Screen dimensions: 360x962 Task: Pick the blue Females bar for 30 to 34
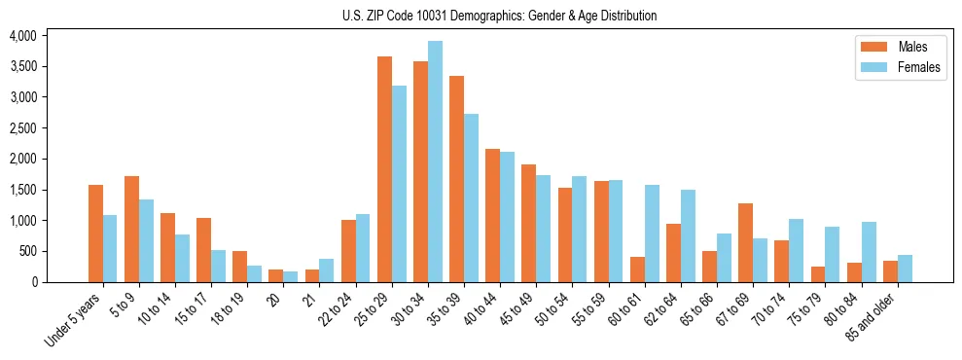tap(435, 162)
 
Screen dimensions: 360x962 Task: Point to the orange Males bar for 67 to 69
tap(745, 242)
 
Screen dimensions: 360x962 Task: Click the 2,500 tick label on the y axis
tap(22, 128)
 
